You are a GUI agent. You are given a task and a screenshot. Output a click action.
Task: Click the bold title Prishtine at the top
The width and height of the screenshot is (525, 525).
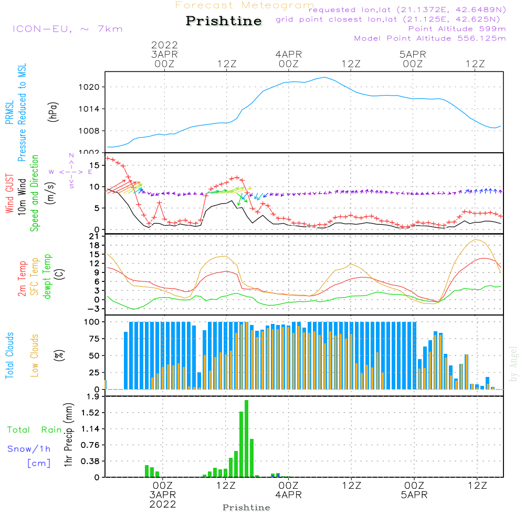[x=224, y=21]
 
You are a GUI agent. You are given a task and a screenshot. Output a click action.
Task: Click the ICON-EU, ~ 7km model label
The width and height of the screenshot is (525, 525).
[x=67, y=29]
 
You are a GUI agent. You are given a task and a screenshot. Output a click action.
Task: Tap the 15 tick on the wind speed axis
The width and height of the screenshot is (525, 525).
[x=94, y=165]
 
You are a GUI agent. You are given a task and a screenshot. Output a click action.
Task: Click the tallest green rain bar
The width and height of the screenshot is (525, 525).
[x=246, y=438]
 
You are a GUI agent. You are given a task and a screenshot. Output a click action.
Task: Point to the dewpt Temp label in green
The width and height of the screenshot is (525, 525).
[x=47, y=276]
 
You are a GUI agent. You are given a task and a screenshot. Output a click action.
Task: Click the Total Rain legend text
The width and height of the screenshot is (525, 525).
[x=34, y=430]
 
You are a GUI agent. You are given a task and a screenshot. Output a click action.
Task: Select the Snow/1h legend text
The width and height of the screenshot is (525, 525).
[x=29, y=449]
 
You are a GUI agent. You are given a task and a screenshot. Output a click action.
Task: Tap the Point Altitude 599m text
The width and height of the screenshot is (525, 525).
[x=457, y=29]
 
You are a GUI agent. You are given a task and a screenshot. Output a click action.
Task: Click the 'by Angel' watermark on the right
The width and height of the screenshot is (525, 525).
[x=513, y=364]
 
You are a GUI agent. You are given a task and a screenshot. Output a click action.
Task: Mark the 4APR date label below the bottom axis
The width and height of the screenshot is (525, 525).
[x=288, y=495]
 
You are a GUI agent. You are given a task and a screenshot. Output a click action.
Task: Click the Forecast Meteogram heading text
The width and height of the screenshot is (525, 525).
[x=245, y=5]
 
